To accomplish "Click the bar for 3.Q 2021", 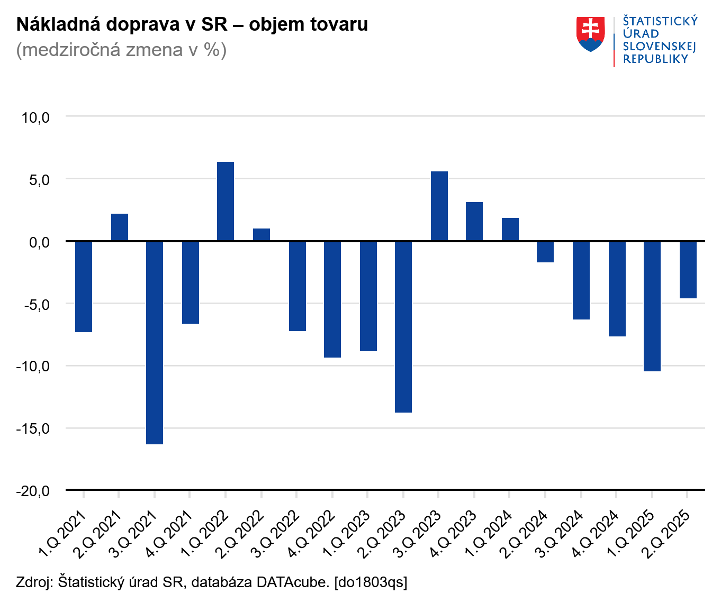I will click(x=155, y=342).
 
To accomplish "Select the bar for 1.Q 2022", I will click(x=226, y=202).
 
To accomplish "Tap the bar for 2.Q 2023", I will click(x=403, y=326).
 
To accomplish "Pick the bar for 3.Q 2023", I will click(x=439, y=206).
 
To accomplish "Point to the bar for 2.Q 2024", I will click(x=545, y=252).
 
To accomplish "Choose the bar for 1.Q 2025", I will click(x=652, y=306).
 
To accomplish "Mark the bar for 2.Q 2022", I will click(x=262, y=235).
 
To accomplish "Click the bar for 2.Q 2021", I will click(x=120, y=227).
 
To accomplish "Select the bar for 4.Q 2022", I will click(x=332, y=299).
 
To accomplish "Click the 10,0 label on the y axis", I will click(x=35, y=117).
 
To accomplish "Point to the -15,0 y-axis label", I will click(x=33, y=428).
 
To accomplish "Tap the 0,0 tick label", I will click(x=39, y=242).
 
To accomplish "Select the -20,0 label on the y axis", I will click(x=33, y=491).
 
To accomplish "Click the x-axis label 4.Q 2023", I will click(x=453, y=534).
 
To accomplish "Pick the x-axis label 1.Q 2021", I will click(x=62, y=534).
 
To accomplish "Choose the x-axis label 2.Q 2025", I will click(x=665, y=534).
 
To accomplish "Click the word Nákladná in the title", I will click(x=57, y=24).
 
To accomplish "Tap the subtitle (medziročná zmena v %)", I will click(x=121, y=50).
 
